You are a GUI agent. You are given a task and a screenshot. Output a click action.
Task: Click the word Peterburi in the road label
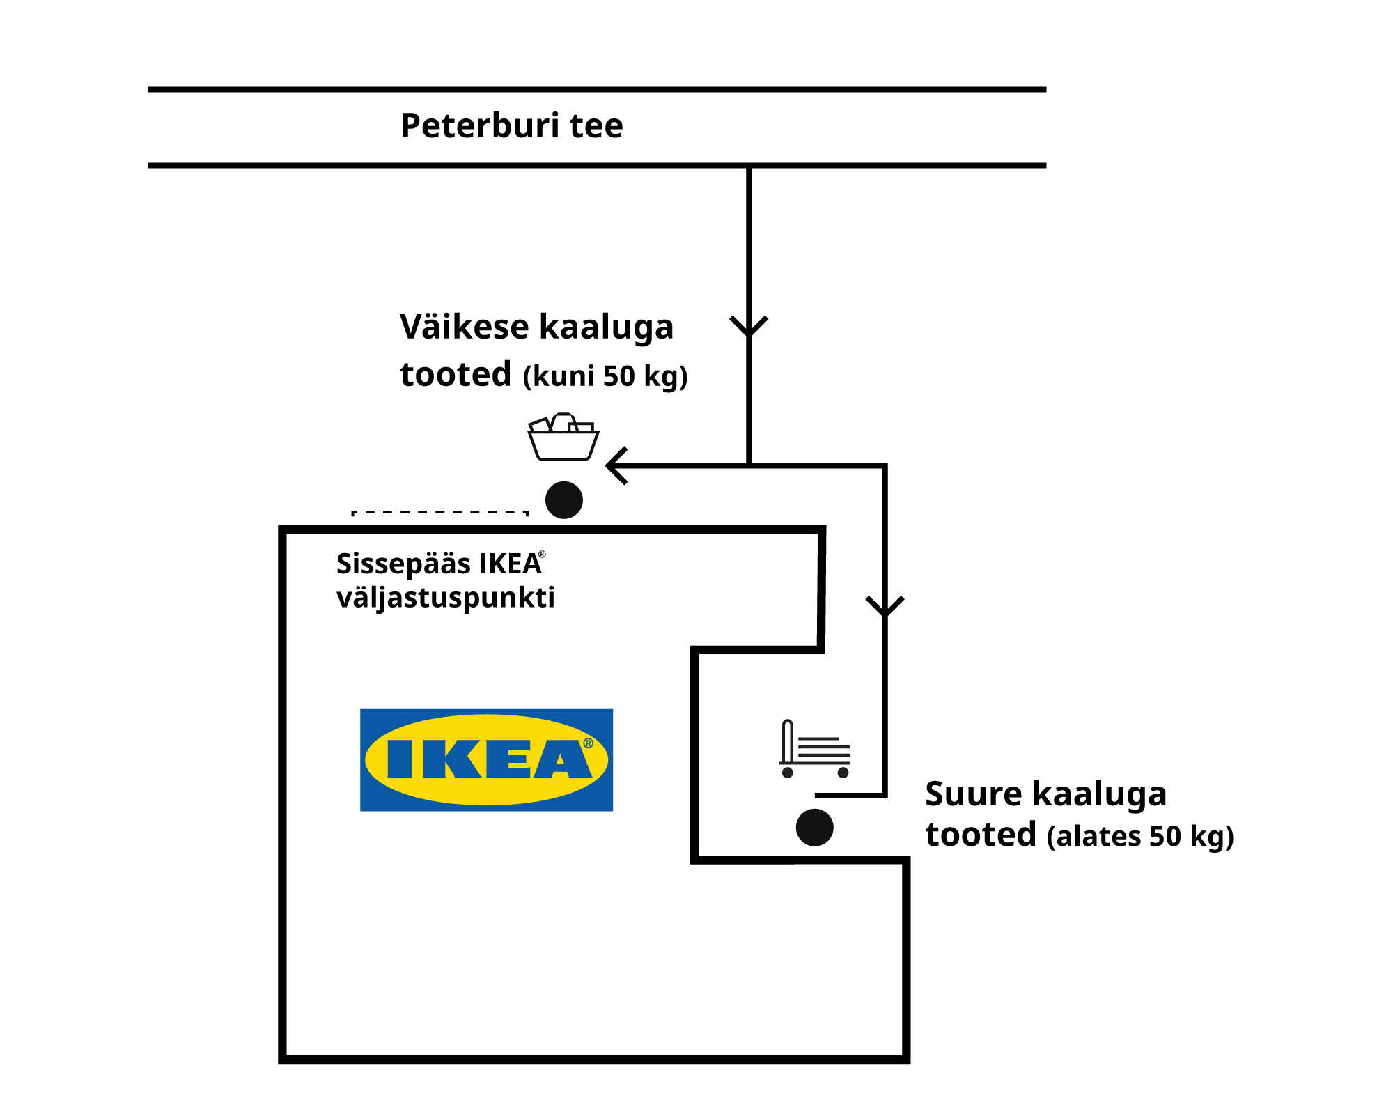[480, 126]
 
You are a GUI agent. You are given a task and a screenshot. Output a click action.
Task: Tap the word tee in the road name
[596, 126]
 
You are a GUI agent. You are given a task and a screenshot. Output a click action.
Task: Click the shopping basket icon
[563, 438]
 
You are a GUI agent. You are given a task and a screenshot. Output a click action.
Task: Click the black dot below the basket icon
[564, 500]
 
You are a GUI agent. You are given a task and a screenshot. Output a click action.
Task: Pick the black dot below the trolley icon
[815, 828]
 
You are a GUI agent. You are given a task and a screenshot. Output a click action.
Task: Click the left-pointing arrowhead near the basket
[617, 465]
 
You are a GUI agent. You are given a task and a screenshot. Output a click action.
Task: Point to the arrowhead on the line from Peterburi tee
[749, 326]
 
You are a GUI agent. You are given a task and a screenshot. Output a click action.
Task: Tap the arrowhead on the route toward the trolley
[885, 606]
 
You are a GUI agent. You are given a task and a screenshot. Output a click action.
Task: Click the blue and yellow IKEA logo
[486, 759]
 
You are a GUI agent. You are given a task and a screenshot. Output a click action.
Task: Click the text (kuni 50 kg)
[605, 376]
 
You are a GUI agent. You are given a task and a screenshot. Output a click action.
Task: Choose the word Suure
[974, 794]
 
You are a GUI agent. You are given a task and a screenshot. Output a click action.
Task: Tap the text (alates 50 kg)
[1140, 836]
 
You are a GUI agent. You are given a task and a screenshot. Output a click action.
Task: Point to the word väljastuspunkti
[446, 598]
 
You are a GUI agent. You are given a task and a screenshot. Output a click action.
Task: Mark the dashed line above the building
[440, 513]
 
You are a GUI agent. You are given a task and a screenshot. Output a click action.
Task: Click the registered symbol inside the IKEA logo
[589, 743]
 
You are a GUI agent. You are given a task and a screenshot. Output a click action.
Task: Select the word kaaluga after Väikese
[607, 327]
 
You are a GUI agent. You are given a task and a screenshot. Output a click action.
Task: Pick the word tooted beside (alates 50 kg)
[981, 835]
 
